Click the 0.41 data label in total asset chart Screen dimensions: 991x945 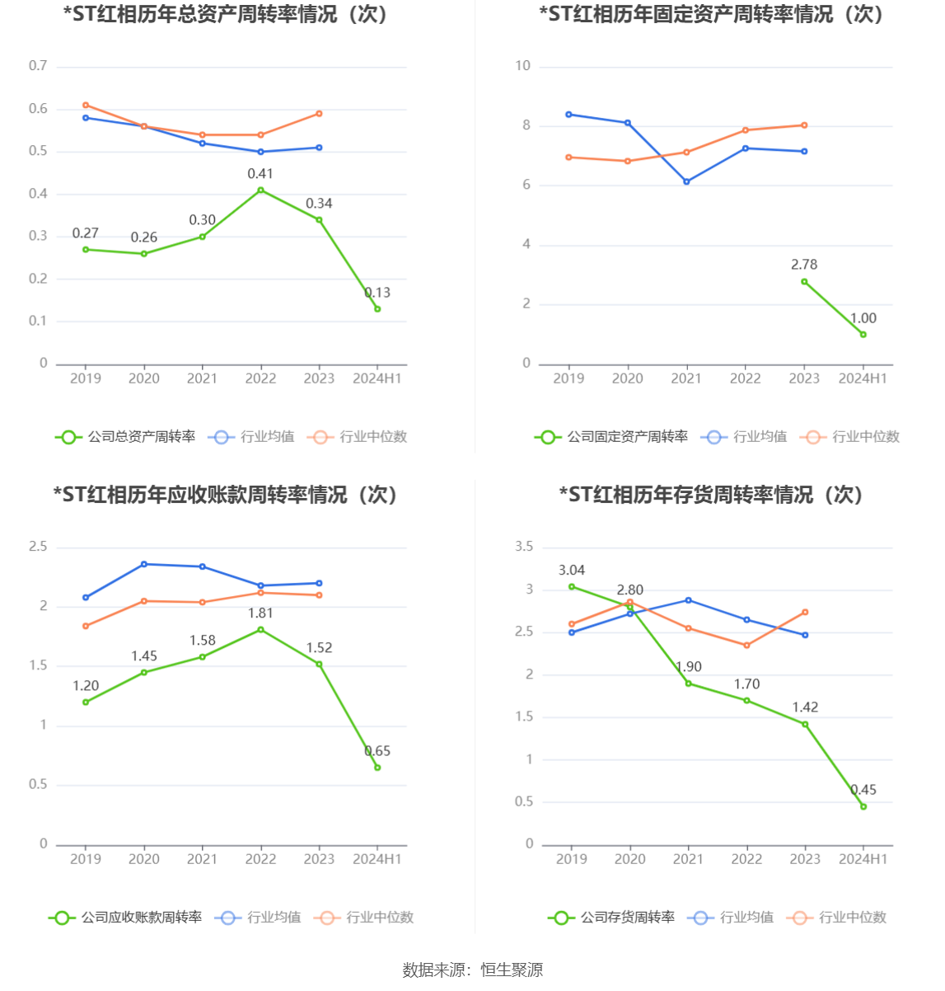point(260,174)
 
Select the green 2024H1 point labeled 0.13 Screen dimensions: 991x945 point(377,309)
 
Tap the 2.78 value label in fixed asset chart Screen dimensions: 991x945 point(804,265)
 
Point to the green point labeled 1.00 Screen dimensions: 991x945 point(863,335)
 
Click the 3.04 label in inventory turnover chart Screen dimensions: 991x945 point(572,571)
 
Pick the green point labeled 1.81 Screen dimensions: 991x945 point(261,630)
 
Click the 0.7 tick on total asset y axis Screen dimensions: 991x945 point(38,66)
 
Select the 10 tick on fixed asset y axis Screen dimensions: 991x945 point(522,66)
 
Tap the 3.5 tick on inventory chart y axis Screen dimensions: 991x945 point(524,547)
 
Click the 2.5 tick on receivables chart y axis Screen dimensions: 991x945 point(38,547)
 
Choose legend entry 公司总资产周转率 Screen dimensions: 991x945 point(125,437)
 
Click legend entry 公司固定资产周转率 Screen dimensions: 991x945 point(611,437)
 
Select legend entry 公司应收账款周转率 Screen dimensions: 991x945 point(125,918)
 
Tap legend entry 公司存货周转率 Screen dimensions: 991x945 point(611,918)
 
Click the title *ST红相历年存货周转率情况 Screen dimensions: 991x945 point(710,495)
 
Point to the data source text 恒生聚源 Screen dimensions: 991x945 point(512,970)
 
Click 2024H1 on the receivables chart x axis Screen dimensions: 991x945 point(377,859)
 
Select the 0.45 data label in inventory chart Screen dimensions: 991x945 point(863,790)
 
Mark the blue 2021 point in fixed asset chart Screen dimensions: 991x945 point(686,181)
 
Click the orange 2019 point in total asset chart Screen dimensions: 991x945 point(86,106)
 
